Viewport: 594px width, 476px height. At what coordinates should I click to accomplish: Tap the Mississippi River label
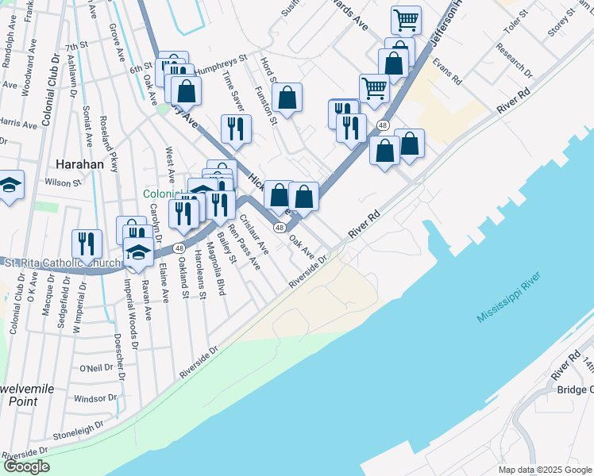[509, 297]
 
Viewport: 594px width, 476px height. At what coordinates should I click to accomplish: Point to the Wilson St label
[64, 182]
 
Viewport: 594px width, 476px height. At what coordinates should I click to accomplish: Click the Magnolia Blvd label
[216, 270]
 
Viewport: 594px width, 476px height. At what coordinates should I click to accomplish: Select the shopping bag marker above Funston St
[287, 98]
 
